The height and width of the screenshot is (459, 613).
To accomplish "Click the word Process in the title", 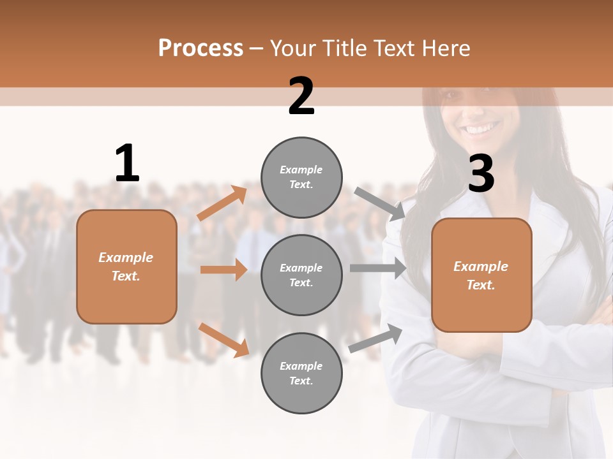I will click(201, 48).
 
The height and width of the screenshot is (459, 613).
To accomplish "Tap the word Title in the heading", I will click(342, 48).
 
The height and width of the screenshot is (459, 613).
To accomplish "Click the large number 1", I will click(127, 164).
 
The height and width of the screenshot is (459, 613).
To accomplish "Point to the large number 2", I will click(301, 96).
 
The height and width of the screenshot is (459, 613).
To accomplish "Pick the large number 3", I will click(481, 173).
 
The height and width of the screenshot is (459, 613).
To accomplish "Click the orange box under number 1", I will click(126, 266).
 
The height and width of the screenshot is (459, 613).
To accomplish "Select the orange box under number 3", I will click(481, 275).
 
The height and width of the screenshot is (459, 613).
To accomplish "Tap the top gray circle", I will click(301, 177).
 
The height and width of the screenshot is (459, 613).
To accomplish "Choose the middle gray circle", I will click(301, 275).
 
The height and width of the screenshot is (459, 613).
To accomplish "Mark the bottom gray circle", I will click(301, 373).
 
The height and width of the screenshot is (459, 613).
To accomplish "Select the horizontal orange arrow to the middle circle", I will click(223, 270).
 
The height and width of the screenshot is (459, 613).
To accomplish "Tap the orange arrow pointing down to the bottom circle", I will click(224, 339).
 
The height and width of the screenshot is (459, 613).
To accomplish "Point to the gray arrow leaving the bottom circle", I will click(375, 339).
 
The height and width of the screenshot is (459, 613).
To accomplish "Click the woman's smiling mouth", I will click(482, 129).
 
